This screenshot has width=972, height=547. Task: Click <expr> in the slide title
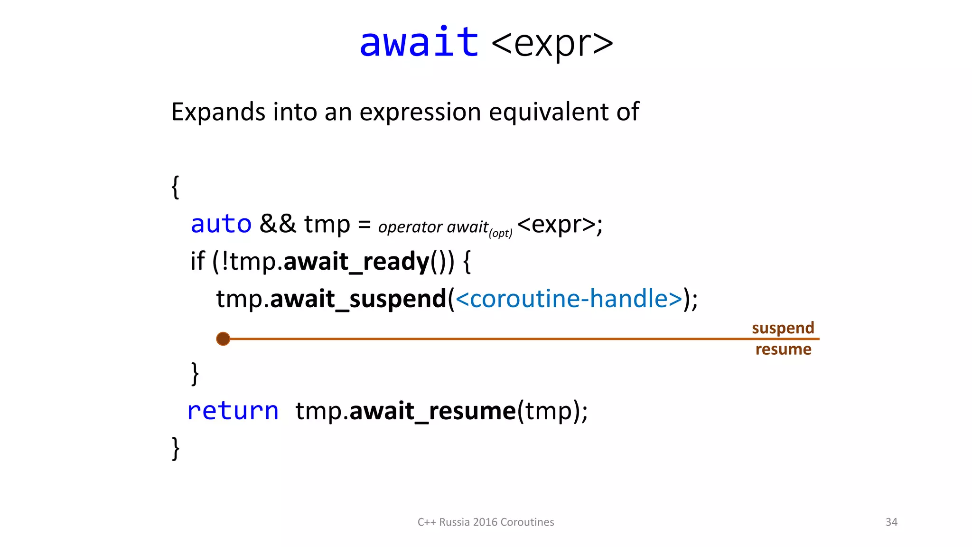552,44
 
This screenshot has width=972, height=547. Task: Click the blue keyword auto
221,224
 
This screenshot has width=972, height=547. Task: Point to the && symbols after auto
278,224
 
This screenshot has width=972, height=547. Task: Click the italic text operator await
433,227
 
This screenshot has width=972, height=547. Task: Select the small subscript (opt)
501,233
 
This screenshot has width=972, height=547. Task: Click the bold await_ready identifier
356,262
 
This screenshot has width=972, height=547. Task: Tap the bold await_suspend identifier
358,299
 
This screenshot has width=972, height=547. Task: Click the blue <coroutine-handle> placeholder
569,299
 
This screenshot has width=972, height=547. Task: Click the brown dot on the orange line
223,339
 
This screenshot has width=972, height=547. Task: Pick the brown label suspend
783,328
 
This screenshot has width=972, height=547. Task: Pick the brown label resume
783,349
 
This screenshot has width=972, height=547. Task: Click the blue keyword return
233,411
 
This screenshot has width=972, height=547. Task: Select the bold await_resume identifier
432,411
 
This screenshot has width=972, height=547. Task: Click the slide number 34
891,522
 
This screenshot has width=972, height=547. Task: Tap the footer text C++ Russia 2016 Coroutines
486,522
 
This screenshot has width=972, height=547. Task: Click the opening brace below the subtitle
175,187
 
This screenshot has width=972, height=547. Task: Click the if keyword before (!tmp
197,262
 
